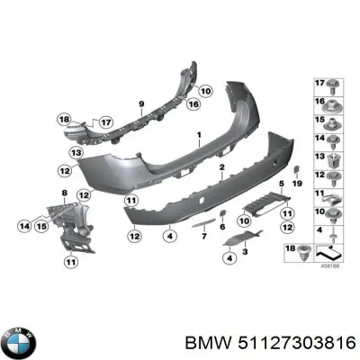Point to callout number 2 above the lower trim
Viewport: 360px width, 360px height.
[x=222, y=167]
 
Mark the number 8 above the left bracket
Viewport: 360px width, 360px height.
[x=64, y=194]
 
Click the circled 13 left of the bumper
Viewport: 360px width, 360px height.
[x=76, y=153]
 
